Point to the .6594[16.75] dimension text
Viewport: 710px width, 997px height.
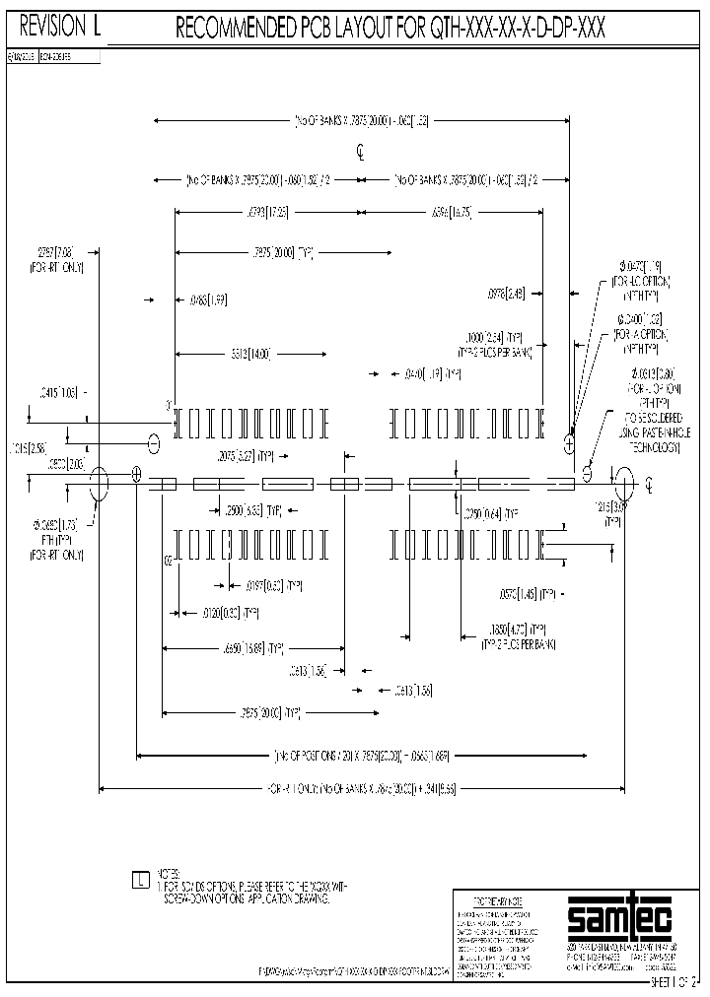pyautogui.click(x=451, y=211)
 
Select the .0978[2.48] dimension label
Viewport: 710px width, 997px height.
pyautogui.click(x=507, y=293)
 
